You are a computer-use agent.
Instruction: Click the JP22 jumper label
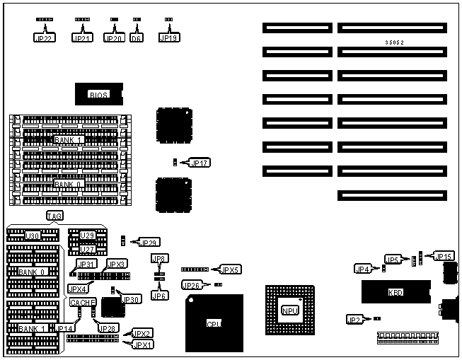[44, 38]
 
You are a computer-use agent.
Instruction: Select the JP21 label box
[83, 38]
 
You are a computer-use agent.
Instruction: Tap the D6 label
[137, 38]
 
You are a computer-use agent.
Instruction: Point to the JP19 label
[168, 38]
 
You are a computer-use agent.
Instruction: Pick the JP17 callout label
[200, 163]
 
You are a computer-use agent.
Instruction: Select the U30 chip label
[32, 236]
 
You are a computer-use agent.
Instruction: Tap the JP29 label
[150, 243]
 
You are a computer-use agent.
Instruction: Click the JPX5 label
[231, 269]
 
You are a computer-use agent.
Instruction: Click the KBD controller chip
[395, 291]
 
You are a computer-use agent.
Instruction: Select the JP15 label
[443, 256]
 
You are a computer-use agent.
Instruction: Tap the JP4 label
[362, 269]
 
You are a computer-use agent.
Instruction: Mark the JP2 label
[354, 320]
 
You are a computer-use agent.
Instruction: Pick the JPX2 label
[142, 333]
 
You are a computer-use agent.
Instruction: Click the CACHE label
[79, 302]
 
